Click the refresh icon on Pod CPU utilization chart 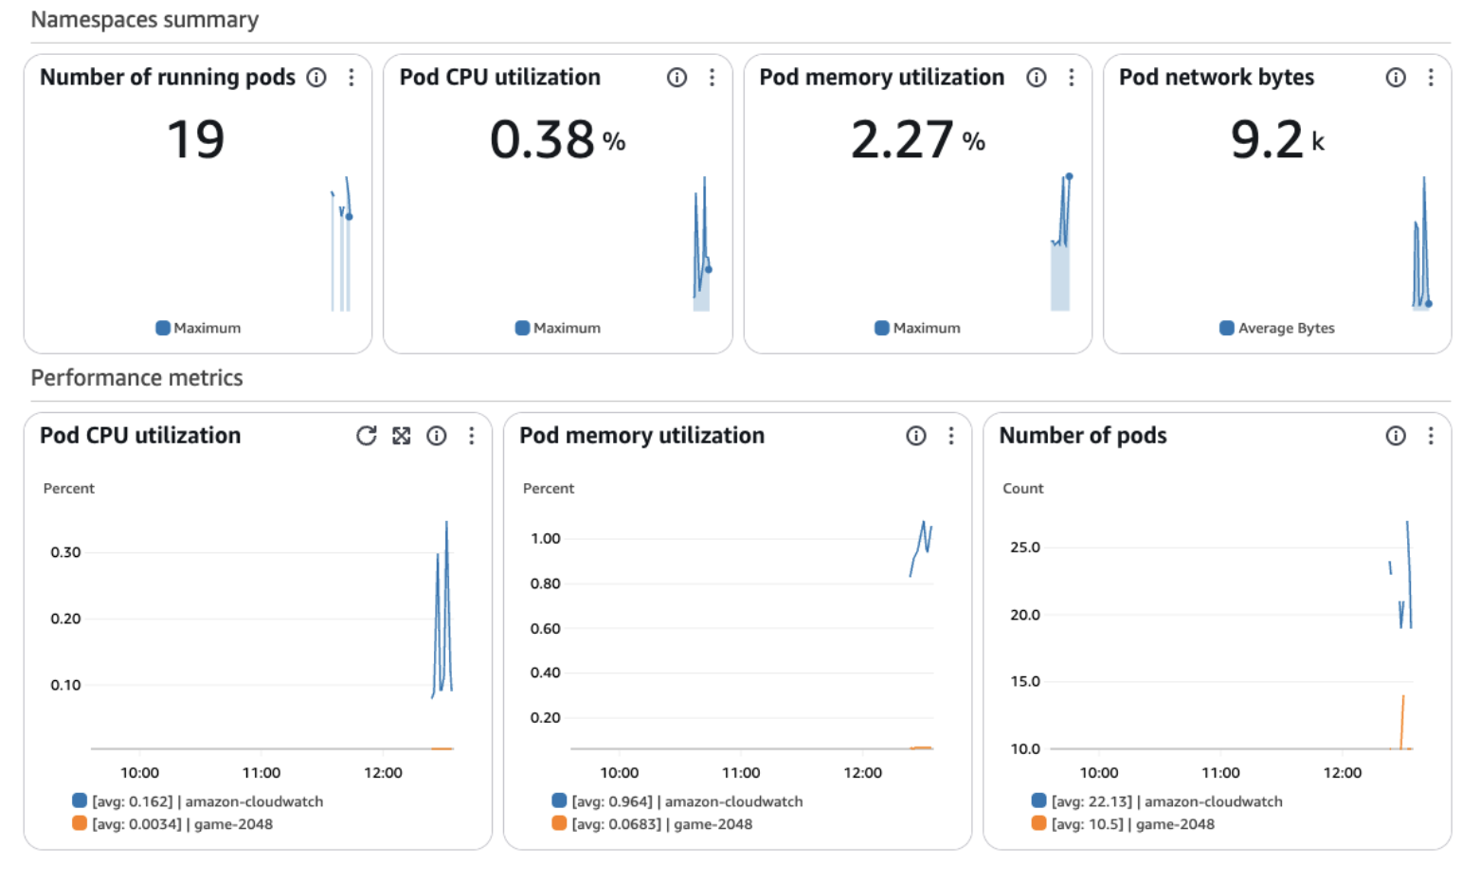[x=366, y=436]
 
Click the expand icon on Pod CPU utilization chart [x=402, y=436]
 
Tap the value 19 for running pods [x=196, y=140]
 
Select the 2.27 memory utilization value [x=902, y=140]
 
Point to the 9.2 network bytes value [x=1267, y=140]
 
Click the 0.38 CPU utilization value [x=542, y=140]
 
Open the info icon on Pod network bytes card [x=1395, y=78]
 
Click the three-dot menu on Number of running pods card [x=352, y=78]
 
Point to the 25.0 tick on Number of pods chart [x=1024, y=548]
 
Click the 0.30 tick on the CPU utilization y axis [x=65, y=552]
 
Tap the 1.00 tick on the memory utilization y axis [x=545, y=539]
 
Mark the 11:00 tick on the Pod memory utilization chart [x=740, y=773]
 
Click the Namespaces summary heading [x=145, y=20]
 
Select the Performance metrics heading [x=137, y=378]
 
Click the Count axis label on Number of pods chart [x=1022, y=489]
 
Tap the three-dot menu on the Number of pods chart [x=1430, y=436]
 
